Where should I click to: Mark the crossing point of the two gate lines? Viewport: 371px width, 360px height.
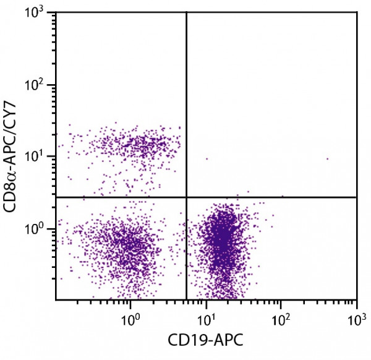tap(186, 197)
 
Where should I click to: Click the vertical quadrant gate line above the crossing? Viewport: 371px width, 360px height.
tap(186, 105)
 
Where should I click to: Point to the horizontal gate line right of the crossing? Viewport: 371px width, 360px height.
tap(272, 197)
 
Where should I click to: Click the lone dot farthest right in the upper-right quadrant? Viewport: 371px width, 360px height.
tap(327, 159)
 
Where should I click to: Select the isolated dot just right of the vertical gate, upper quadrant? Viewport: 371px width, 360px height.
tap(207, 159)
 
